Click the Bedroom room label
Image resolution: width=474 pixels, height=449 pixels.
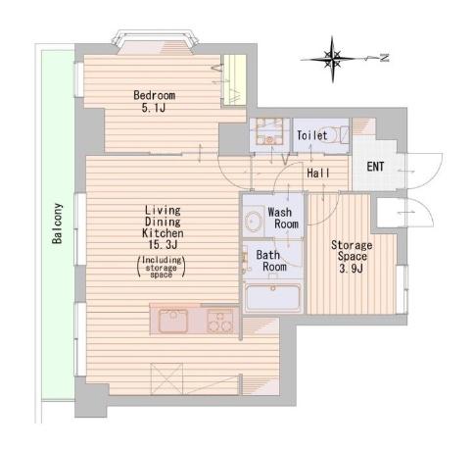(155, 95)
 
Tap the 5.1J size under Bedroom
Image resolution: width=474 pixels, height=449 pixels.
(153, 108)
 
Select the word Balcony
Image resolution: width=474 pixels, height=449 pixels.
(57, 224)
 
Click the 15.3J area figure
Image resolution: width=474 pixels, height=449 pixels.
(163, 244)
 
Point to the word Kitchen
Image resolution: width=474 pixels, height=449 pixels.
(163, 233)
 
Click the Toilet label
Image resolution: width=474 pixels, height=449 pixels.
(311, 135)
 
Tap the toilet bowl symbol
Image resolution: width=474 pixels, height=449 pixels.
(329, 135)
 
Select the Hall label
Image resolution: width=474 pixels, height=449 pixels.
(318, 173)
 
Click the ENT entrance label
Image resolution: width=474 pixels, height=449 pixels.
(375, 167)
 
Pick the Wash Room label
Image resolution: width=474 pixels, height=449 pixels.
(283, 218)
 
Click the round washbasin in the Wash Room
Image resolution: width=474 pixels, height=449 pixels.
(254, 221)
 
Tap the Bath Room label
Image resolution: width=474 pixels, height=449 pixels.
(271, 261)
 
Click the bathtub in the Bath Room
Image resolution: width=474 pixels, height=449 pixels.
(273, 297)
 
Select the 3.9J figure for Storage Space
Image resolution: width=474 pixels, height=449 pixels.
(352, 269)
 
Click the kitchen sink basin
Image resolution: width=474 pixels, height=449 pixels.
(173, 321)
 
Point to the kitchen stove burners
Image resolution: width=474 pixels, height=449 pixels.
(219, 322)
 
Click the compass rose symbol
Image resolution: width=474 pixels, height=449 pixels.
(333, 59)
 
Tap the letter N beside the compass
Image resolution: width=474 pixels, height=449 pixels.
(385, 58)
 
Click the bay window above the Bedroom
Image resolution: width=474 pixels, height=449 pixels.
(155, 42)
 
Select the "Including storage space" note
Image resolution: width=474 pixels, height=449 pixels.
(162, 268)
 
